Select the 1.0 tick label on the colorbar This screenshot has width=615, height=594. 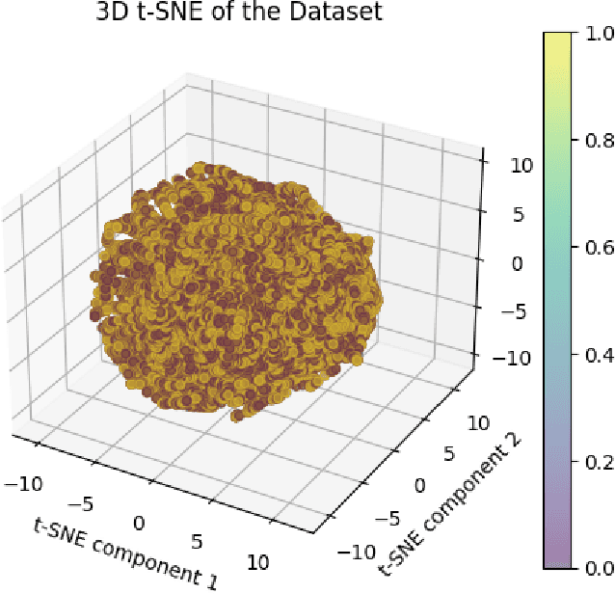pyautogui.click(x=591, y=33)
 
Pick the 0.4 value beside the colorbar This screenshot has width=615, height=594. pyautogui.click(x=591, y=355)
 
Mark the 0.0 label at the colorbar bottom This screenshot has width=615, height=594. pyautogui.click(x=591, y=569)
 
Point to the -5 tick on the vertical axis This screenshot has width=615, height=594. pyautogui.click(x=493, y=312)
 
